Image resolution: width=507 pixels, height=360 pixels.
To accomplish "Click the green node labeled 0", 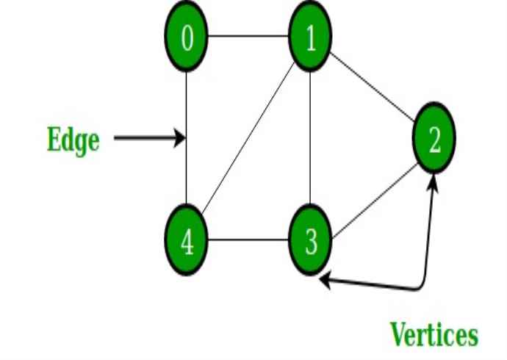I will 187,37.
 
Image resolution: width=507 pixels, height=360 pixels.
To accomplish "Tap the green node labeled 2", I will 434,139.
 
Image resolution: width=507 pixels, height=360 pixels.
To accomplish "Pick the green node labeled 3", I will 311,240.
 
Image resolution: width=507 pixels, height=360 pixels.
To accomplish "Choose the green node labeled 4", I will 187,240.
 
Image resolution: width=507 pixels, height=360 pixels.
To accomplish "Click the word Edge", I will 73,139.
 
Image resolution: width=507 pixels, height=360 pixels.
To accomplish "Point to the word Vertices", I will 434,335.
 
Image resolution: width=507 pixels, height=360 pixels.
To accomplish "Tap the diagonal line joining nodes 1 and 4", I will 249,139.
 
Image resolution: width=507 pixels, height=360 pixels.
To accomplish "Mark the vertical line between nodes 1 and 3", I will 311,139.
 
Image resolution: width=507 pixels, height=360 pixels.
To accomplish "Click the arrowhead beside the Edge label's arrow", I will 179,137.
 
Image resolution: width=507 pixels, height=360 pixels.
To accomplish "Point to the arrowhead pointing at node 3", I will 325,278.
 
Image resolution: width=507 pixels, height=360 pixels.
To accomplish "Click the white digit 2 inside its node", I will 434,140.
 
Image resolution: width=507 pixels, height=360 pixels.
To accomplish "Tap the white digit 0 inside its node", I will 187,37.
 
